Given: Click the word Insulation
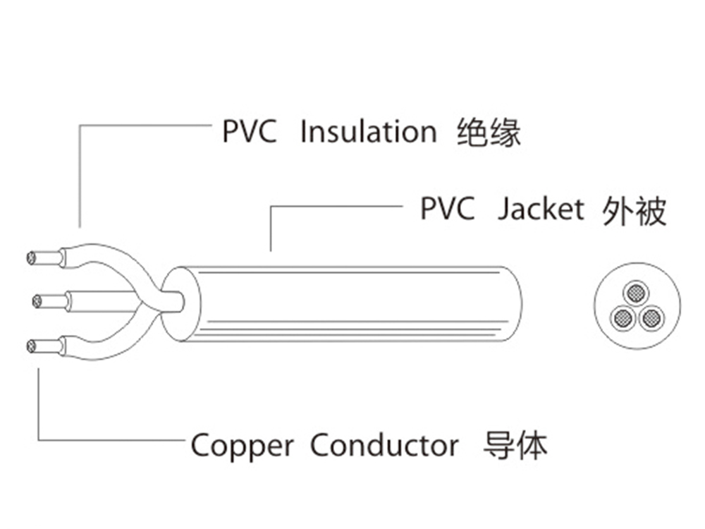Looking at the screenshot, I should tap(368, 132).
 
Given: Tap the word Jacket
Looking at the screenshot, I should tap(541, 209).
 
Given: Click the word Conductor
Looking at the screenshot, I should tap(384, 446).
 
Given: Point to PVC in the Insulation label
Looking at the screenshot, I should tap(250, 132).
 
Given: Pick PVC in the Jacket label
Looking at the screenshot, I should tap(448, 209).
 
